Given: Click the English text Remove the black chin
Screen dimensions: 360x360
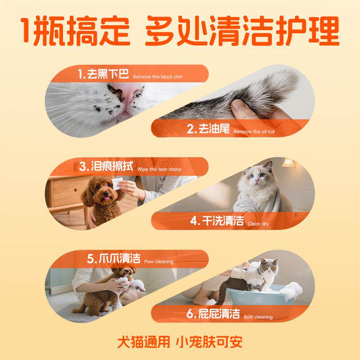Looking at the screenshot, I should (157, 77).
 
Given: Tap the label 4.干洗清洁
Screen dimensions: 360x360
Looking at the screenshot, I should (216, 221).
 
